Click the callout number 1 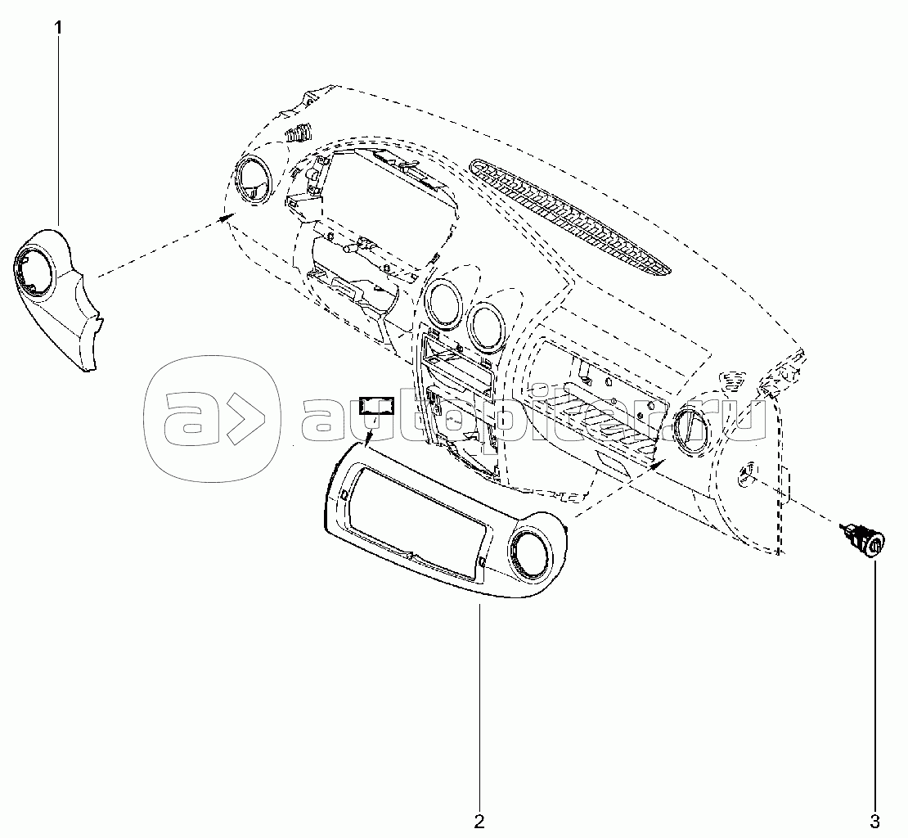click(x=58, y=27)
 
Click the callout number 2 click(x=479, y=821)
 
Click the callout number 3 click(x=874, y=821)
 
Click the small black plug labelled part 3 click(x=863, y=542)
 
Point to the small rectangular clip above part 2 click(x=377, y=406)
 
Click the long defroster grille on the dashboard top click(x=570, y=215)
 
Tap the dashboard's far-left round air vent click(x=254, y=182)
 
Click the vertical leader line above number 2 click(x=479, y=706)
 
